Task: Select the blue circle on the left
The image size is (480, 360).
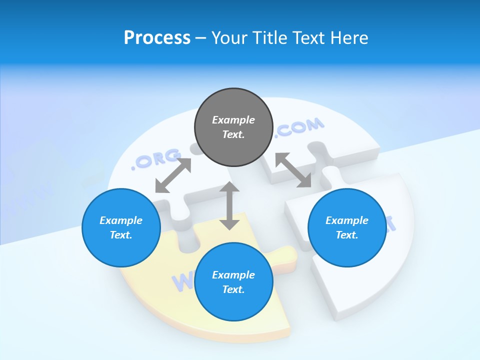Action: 121,227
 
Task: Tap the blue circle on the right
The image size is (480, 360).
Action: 347,227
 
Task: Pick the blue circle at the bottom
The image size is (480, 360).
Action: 233,282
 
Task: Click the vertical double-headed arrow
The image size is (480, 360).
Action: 229,205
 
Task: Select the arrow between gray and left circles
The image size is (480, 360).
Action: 173,175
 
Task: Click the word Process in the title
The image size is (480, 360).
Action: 157,37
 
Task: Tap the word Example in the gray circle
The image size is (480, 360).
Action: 233,120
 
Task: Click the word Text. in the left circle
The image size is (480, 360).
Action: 121,235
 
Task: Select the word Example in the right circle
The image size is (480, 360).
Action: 347,220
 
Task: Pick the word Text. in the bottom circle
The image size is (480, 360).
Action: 233,289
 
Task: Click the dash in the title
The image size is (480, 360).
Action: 201,37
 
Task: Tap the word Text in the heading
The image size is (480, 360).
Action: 308,37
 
